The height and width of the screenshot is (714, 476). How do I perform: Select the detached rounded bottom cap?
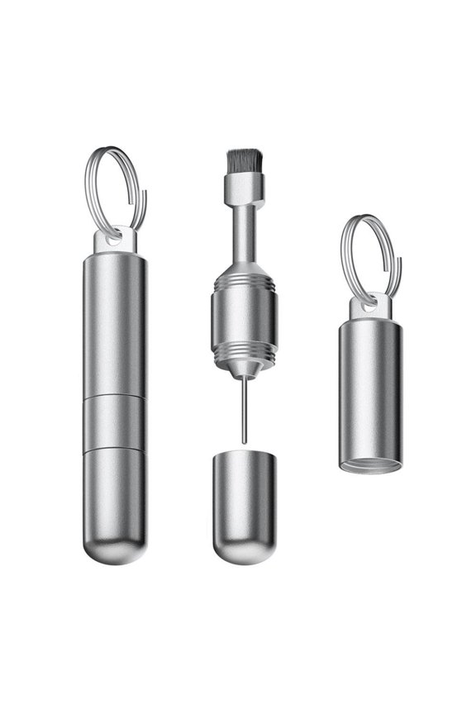243,504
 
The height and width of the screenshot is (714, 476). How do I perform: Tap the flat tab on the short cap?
367,307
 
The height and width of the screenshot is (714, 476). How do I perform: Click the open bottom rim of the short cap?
370,464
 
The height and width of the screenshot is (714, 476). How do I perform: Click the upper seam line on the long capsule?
114,397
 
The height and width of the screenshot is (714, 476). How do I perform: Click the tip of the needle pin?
245,442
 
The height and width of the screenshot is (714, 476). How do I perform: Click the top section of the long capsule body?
114,322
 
